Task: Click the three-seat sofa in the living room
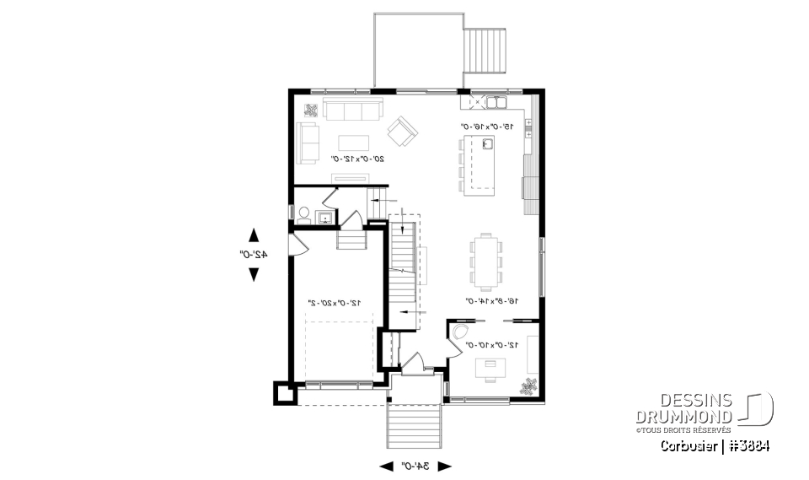coord(352,111)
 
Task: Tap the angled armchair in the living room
coord(402,130)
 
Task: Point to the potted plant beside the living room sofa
coord(310,110)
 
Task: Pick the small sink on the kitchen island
coord(487,144)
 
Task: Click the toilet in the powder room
coord(303,213)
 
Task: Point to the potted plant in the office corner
coord(528,386)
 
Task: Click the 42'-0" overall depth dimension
coord(252,253)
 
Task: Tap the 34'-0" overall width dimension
coord(416,466)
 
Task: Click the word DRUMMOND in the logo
coord(684,418)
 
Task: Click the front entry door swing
coord(414,364)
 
